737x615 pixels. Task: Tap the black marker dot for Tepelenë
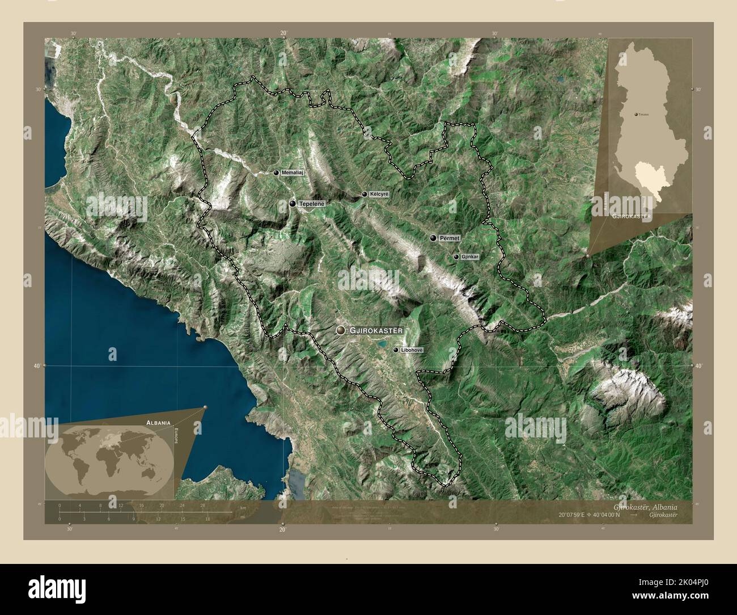coord(293,203)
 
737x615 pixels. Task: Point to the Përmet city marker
coord(433,238)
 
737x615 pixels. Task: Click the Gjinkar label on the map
coord(470,257)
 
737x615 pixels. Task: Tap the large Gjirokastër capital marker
coord(340,330)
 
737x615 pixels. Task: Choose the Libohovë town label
coord(412,351)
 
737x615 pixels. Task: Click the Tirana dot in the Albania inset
coord(636,114)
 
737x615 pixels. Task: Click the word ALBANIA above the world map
coord(158,423)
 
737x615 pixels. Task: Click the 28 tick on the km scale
coord(202,505)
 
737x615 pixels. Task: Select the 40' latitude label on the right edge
coord(700,366)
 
